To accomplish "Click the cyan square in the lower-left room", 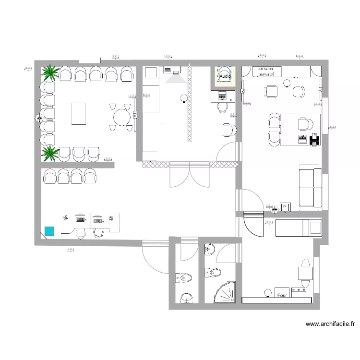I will coord(49,231).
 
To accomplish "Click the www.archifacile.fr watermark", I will coord(330,324).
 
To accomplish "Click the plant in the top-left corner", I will coord(50,73).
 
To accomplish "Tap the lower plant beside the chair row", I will coord(50,154).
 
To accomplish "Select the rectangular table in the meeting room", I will coord(79,114).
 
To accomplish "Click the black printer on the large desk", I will coord(314,140).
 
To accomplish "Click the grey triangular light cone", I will coord(176,78).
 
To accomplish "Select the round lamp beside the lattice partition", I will coord(183,99).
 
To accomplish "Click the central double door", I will coord(190,175).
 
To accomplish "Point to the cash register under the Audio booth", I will coord(222,95).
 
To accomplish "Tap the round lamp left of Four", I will coord(267,292).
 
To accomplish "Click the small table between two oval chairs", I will coord(272,91).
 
